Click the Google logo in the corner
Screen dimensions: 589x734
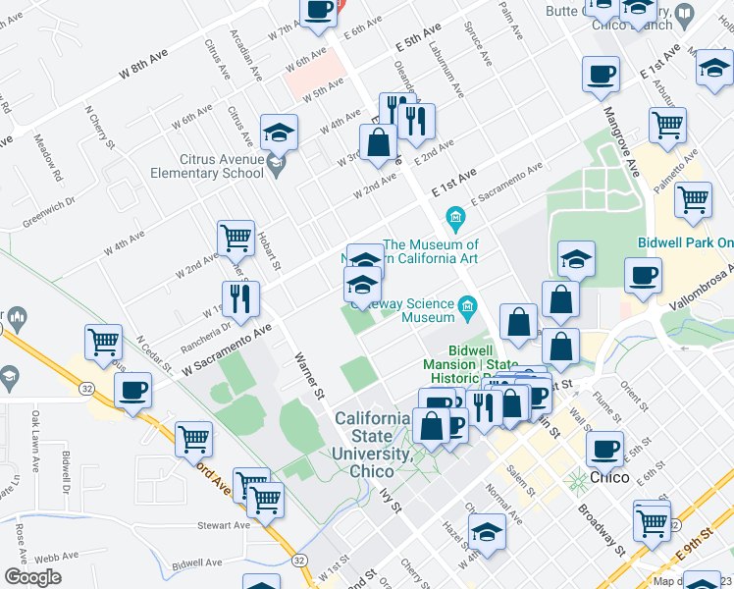(33, 577)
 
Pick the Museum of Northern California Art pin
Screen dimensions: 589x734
(454, 216)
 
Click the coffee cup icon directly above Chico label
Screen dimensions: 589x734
(604, 450)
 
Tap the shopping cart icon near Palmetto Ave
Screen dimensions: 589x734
(693, 199)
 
